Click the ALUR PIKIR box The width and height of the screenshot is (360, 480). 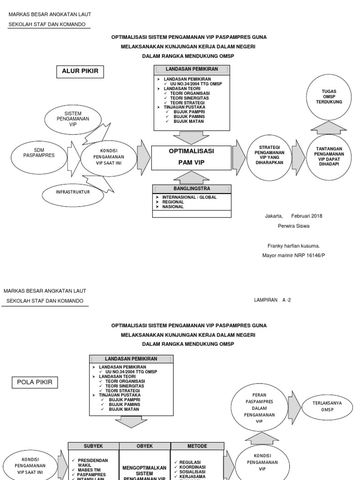click(x=80, y=72)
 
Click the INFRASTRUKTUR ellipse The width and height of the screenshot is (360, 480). click(x=73, y=192)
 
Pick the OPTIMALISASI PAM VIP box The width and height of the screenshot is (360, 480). click(x=191, y=157)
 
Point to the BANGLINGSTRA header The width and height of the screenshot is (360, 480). click(x=192, y=189)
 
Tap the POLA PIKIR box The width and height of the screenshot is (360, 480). click(x=35, y=382)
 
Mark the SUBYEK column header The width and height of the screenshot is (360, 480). click(x=94, y=446)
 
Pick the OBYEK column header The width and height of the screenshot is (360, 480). click(x=145, y=446)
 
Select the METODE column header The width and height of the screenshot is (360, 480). click(x=196, y=446)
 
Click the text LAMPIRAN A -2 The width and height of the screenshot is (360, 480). click(x=272, y=300)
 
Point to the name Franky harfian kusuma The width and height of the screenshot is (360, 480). click(x=293, y=246)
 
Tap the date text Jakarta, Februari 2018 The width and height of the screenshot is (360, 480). click(x=293, y=216)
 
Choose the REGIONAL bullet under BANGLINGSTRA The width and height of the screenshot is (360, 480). click(x=173, y=202)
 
